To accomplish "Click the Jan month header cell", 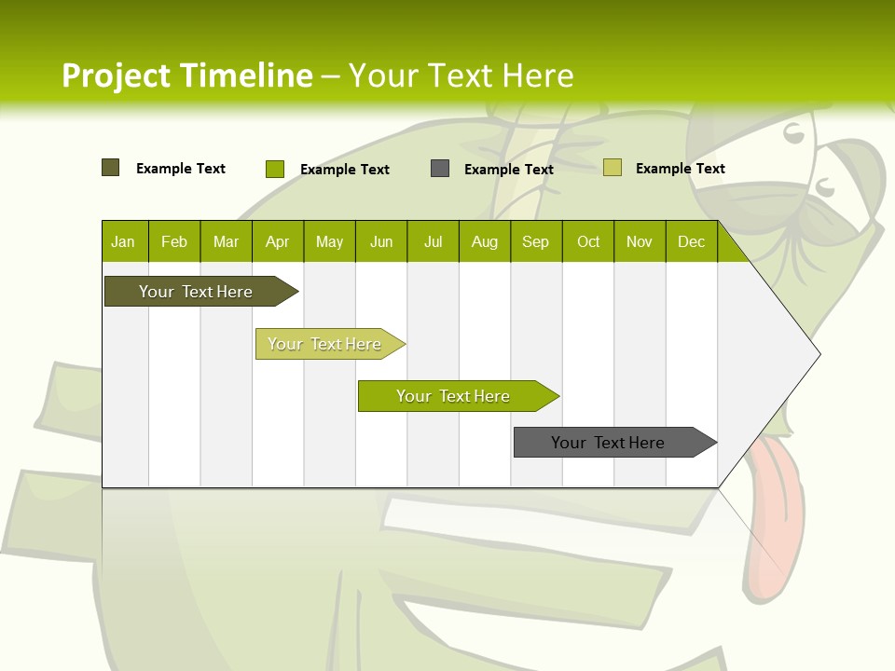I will pos(124,241).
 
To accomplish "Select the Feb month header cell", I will pos(174,241).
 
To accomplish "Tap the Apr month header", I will pos(278,241).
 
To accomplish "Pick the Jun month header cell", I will pos(381,241).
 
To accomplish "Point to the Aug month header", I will pos(485,241).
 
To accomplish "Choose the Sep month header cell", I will pos(536,241).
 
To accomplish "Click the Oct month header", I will pos(588,241).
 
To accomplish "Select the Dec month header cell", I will pos(692,241).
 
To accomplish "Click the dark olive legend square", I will pos(111,168).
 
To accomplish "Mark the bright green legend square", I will pos(275,169).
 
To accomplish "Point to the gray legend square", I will pos(440,169).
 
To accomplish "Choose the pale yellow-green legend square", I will pos(613,168).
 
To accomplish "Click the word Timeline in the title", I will pos(245,75).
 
